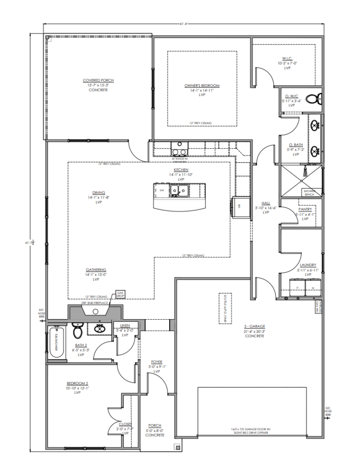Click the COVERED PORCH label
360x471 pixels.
click(x=98, y=80)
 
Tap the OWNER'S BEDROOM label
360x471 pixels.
click(x=202, y=86)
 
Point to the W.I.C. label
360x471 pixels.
click(x=288, y=58)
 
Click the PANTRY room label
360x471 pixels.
click(x=305, y=210)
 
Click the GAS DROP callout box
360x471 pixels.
click(x=120, y=293)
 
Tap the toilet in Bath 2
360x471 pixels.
click(x=78, y=331)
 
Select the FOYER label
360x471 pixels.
click(x=156, y=362)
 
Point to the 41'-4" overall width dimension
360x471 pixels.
click(x=184, y=23)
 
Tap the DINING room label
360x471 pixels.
click(x=98, y=193)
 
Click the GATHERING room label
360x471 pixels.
click(x=96, y=270)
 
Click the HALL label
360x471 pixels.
click(x=266, y=203)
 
